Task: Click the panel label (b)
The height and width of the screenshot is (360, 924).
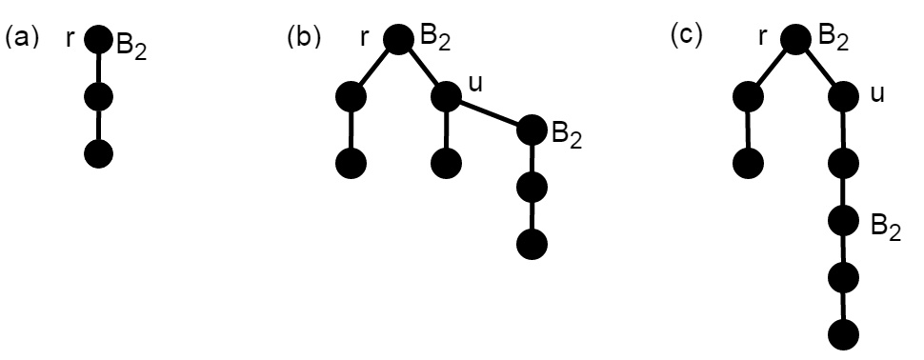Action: (302, 38)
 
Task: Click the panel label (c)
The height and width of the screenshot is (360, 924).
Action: (687, 38)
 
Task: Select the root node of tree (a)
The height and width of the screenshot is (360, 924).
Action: (98, 39)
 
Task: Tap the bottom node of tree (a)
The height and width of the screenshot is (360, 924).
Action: (98, 153)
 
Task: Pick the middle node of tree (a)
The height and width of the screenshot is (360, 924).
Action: (98, 96)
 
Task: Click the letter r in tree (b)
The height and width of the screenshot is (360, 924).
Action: (365, 38)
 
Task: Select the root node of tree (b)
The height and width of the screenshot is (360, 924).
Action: (398, 38)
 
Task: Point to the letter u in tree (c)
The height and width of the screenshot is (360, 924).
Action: (877, 93)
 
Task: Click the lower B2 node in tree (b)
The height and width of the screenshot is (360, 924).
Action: (532, 130)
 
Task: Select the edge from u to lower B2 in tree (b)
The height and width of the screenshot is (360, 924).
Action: (488, 112)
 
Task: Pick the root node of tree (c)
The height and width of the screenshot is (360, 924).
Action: (795, 38)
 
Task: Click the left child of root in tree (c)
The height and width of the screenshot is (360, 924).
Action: (749, 96)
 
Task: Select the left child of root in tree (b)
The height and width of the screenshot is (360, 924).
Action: (352, 96)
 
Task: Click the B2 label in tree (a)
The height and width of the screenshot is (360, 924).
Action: (131, 47)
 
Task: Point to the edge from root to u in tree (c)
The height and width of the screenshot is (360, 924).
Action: (820, 67)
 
